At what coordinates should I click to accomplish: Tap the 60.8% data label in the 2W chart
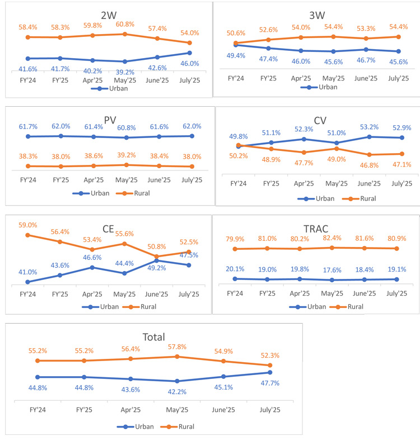pyautogui.click(x=125, y=25)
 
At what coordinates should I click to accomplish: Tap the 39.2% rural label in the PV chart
pyautogui.click(x=125, y=156)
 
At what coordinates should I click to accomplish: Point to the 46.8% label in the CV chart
pyautogui.click(x=366, y=165)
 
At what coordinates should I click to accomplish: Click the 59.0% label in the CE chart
pyautogui.click(x=28, y=225)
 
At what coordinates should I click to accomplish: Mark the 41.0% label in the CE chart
pyautogui.click(x=28, y=272)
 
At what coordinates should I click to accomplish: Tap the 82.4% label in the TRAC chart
pyautogui.click(x=332, y=238)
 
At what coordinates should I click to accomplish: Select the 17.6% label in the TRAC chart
pyautogui.click(x=332, y=290)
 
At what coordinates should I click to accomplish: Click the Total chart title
pyautogui.click(x=154, y=337)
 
